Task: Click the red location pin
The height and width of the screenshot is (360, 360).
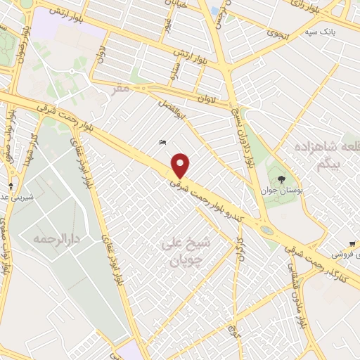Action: click(181, 165)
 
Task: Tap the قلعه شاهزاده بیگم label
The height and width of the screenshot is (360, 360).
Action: click(326, 154)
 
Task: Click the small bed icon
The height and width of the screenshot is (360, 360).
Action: click(162, 143)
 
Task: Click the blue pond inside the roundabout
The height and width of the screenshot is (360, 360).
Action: click(266, 230)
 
